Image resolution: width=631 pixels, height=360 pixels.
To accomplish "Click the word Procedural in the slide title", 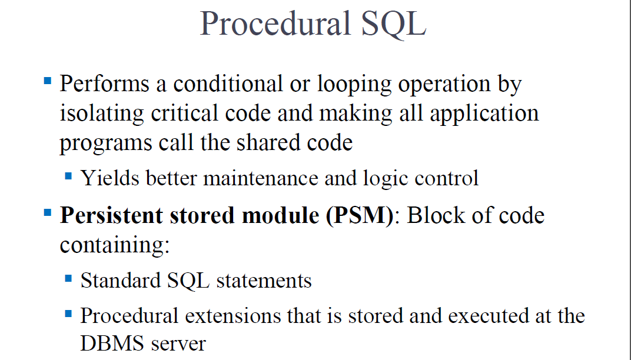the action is (275, 24).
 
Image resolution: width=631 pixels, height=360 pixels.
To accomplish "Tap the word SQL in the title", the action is (394, 25).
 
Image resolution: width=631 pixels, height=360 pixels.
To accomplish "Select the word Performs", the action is (105, 84).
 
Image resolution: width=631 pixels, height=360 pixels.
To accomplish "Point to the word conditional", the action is (228, 84).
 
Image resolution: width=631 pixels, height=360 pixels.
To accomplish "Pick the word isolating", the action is (102, 114).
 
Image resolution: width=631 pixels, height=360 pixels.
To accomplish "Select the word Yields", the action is (110, 178).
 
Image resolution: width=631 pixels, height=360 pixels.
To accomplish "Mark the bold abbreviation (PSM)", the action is (360, 216).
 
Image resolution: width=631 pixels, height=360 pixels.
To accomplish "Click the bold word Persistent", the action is (111, 215).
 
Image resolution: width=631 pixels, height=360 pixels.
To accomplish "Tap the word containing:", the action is (115, 245).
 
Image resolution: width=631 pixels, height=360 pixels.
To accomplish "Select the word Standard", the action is (120, 281).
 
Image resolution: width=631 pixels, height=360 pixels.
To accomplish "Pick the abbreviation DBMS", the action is (111, 344).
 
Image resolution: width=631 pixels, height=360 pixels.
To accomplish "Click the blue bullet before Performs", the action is (48, 81).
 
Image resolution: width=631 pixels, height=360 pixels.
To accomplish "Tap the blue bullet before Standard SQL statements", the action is (68, 278).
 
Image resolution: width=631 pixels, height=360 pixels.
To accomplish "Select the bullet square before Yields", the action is (68, 176).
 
